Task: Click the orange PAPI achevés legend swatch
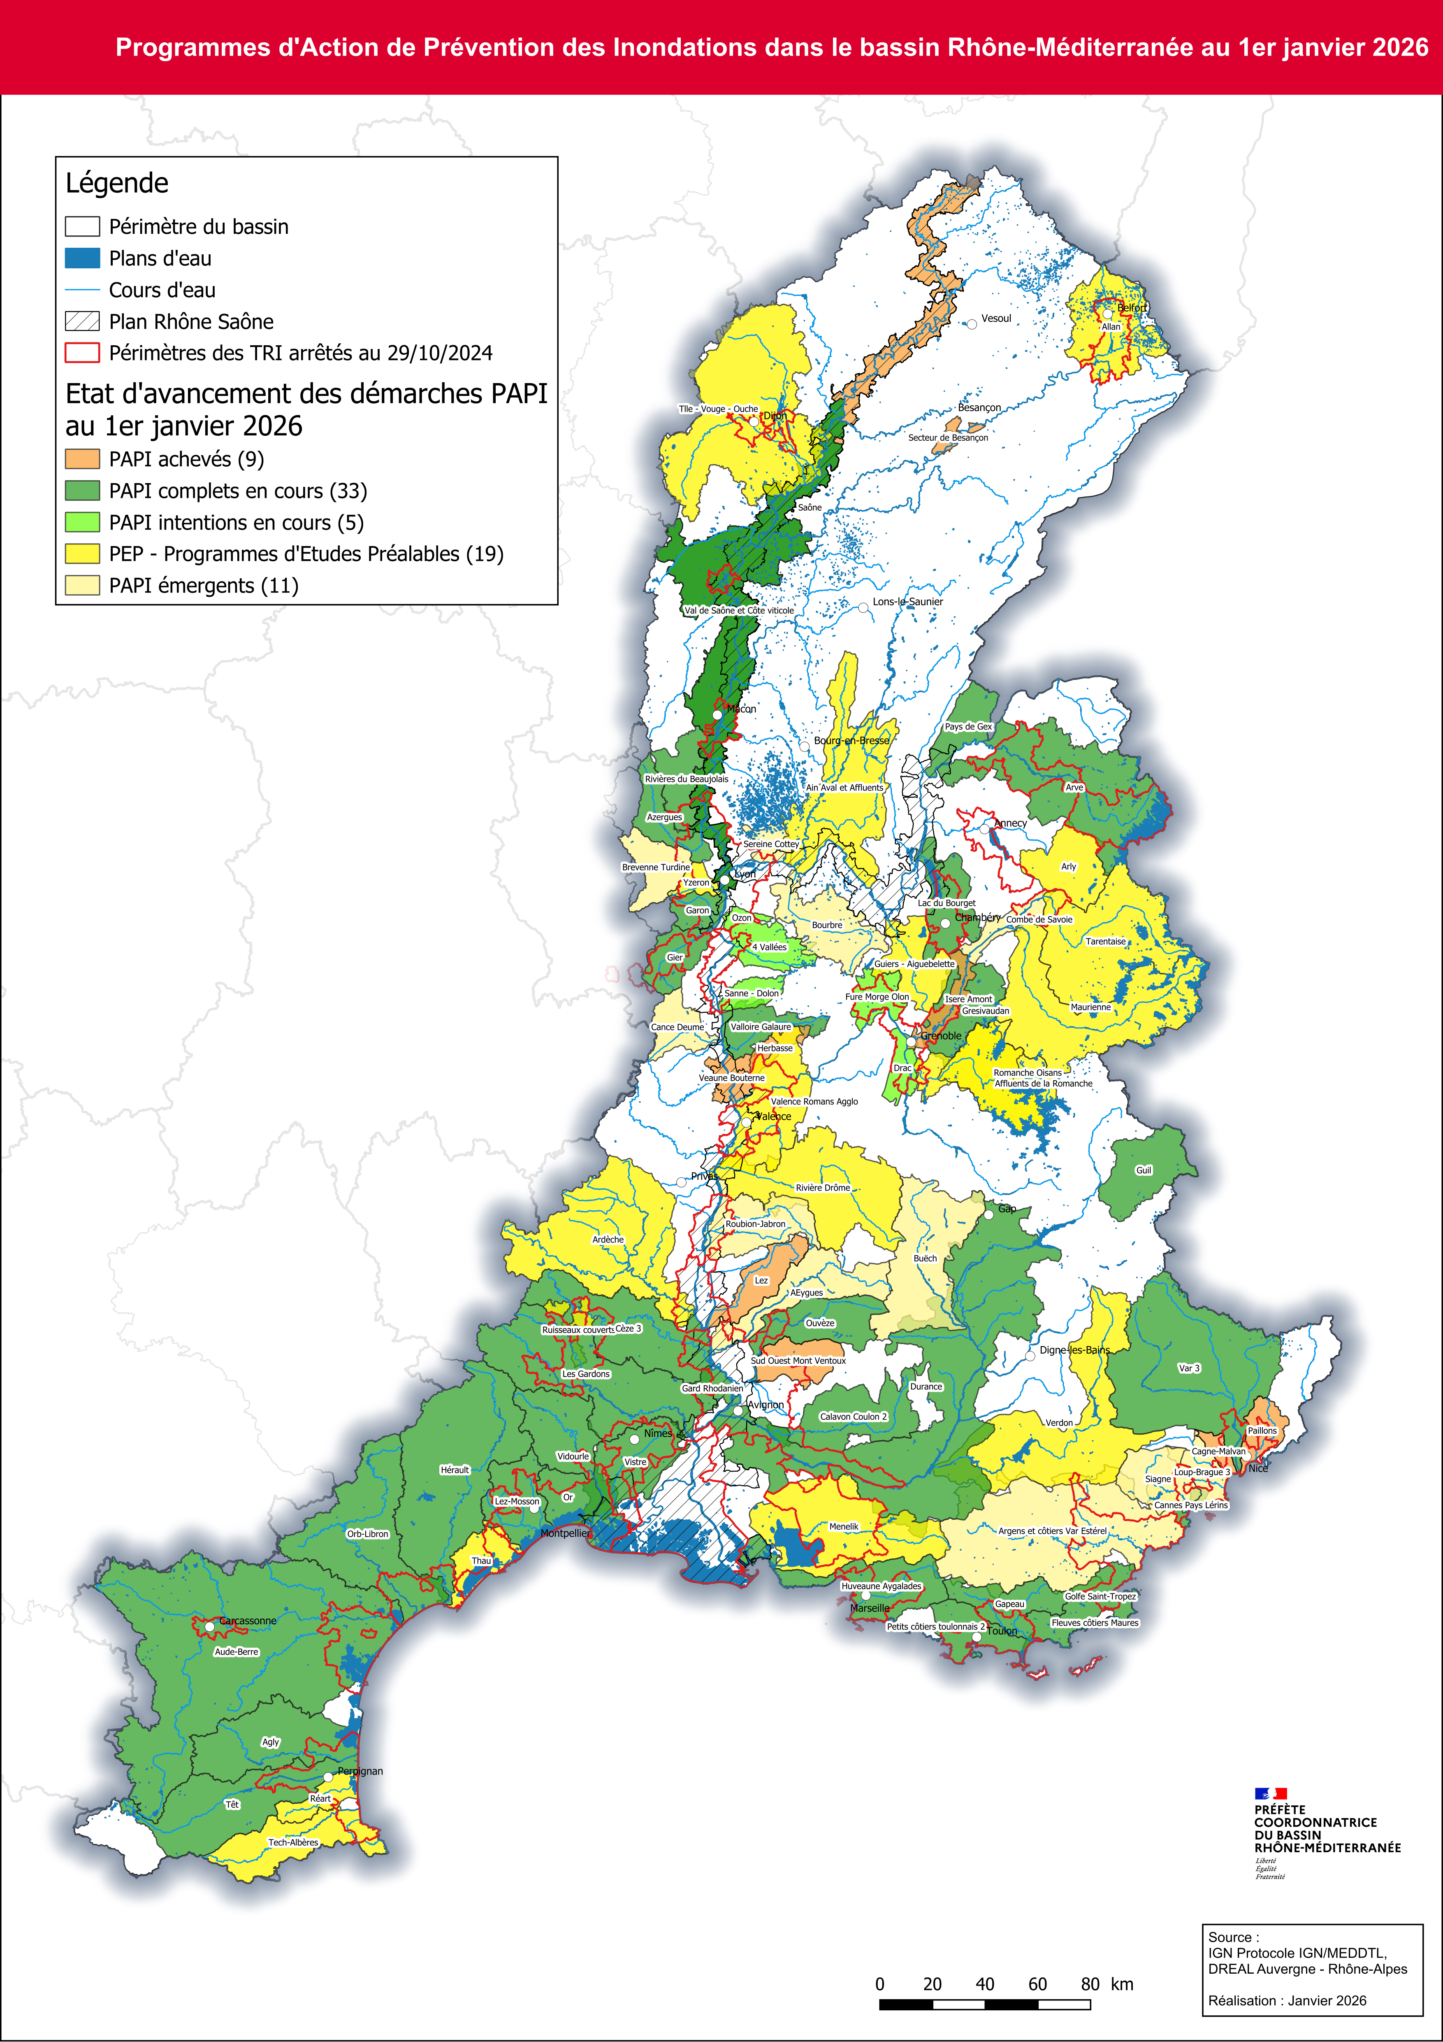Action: pos(82,459)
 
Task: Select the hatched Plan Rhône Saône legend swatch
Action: pos(82,321)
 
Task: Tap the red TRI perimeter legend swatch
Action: pos(82,353)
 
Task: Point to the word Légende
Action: pos(116,183)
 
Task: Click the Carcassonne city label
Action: pos(248,1621)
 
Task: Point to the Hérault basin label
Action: pos(454,1469)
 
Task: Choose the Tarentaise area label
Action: pos(1105,941)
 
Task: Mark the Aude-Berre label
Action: pos(237,1651)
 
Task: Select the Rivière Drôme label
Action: pos(822,1187)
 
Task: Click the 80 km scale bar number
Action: pos(1090,1984)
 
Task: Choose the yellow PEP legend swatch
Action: pos(82,553)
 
